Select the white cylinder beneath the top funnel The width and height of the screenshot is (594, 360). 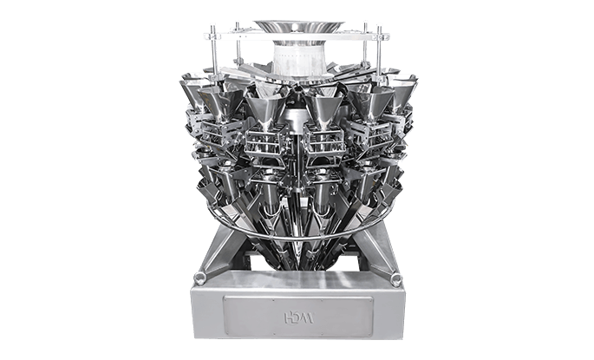298,57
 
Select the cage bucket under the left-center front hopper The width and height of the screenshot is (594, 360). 265,144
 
